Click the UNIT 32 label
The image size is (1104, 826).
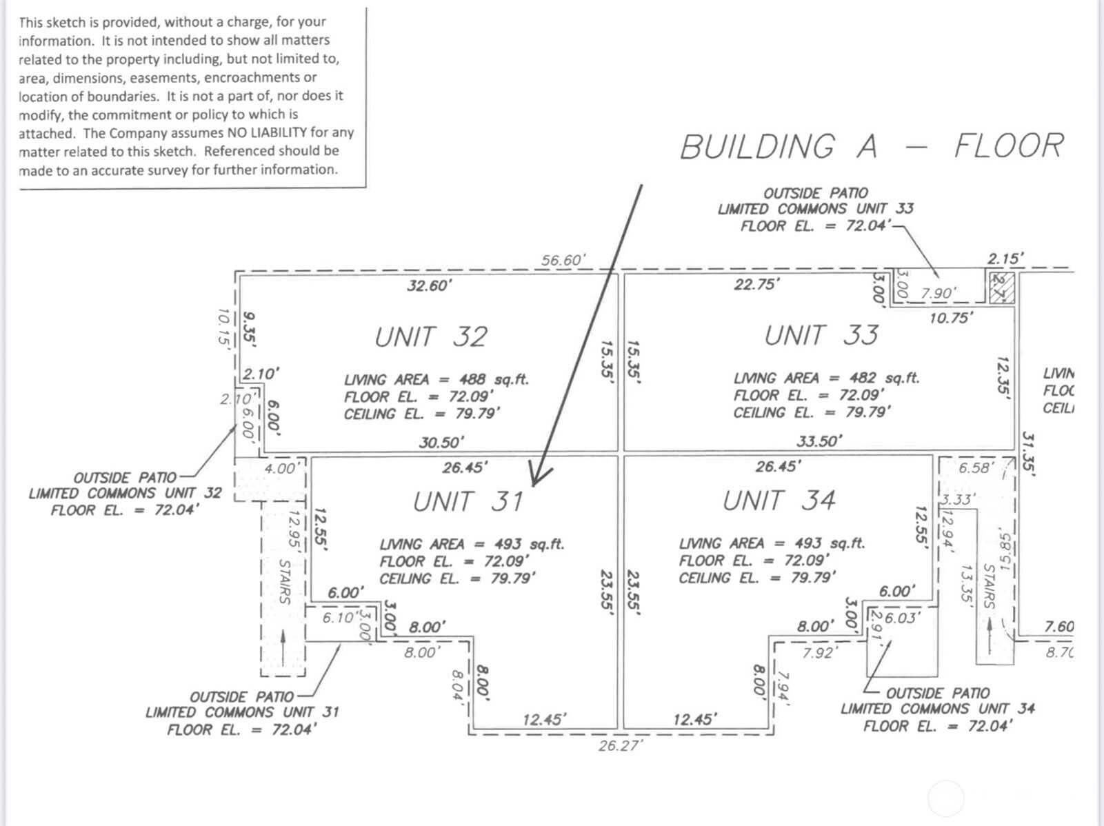[431, 337]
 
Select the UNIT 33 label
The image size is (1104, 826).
[821, 335]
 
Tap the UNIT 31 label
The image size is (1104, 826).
[468, 502]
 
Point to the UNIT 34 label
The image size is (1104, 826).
[779, 501]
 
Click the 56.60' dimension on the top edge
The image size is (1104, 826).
[563, 260]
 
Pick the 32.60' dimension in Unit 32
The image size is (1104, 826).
[428, 285]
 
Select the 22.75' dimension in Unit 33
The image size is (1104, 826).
[756, 284]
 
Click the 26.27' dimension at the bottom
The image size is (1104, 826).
[620, 745]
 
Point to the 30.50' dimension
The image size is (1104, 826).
[441, 442]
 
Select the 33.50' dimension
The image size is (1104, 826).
[819, 441]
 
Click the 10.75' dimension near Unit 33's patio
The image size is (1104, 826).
[951, 318]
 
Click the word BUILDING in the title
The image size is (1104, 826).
[756, 147]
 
